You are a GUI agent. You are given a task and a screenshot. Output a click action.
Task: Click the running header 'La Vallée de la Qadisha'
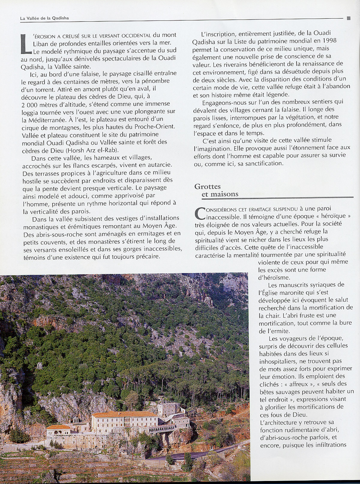(44, 18)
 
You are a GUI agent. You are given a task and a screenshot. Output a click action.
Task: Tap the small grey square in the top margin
(348, 18)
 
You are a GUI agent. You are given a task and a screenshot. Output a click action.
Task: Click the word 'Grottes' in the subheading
(208, 186)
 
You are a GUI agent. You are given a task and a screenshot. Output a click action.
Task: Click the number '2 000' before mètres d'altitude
(29, 104)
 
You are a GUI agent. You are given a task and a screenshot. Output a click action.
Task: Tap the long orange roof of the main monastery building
(124, 414)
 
